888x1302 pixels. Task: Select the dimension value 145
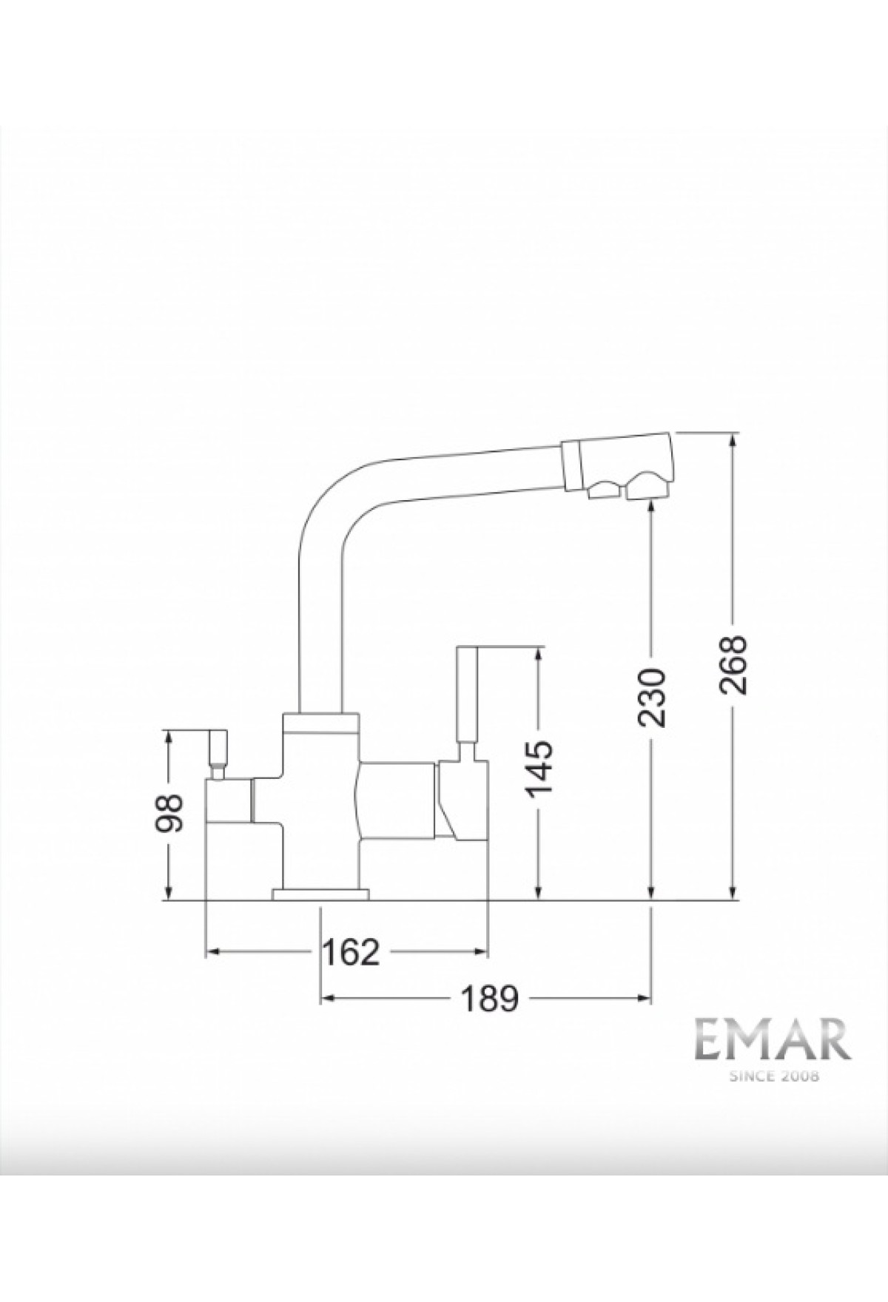(540, 765)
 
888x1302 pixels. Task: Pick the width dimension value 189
(490, 999)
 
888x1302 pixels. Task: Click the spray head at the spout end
(617, 466)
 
